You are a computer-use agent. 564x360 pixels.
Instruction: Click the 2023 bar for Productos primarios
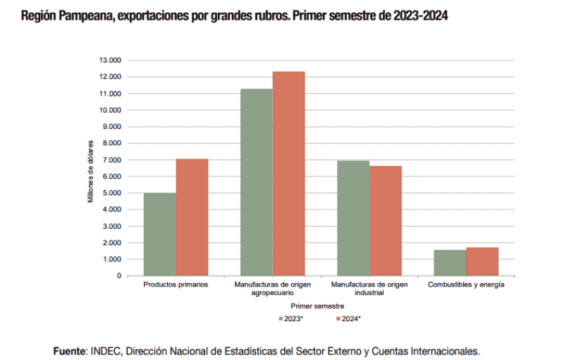[x=160, y=234]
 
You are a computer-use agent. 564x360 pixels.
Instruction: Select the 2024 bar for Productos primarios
[x=192, y=217]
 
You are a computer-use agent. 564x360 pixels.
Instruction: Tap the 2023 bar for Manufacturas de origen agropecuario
[x=257, y=182]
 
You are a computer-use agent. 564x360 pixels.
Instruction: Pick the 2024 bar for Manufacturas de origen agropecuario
[x=289, y=173]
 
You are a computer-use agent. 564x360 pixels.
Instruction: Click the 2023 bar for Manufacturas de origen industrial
[x=353, y=218]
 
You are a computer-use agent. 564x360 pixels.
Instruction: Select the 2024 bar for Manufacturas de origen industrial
[x=386, y=221]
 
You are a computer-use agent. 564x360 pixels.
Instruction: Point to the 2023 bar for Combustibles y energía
[x=450, y=263]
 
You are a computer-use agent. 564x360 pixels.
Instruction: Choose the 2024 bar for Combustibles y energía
[x=482, y=261]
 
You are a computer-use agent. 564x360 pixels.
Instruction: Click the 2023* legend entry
[x=290, y=318]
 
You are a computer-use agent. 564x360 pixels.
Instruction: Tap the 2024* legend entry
[x=348, y=318]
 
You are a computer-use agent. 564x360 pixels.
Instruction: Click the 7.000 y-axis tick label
[x=112, y=160]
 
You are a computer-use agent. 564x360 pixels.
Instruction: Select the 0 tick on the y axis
[x=119, y=275]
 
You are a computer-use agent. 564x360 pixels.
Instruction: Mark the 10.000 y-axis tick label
[x=111, y=110]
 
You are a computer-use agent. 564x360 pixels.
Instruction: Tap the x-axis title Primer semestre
[x=317, y=306]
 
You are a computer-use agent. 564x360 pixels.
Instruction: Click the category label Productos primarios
[x=176, y=285]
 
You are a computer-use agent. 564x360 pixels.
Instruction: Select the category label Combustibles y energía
[x=466, y=285]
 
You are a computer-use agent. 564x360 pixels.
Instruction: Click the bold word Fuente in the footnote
[x=70, y=350]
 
